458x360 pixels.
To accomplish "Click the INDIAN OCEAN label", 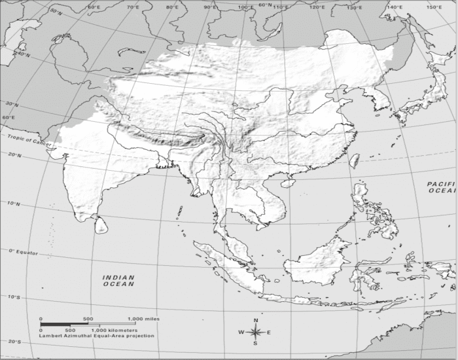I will [118, 281].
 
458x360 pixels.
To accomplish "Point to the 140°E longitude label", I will [395, 6].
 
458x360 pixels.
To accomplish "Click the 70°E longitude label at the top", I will [133, 7].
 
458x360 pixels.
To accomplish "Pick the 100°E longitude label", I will [246, 7].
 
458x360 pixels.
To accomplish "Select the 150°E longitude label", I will [433, 7].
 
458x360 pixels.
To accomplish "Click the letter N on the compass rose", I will [256, 320].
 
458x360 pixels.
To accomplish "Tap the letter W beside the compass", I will [241, 332].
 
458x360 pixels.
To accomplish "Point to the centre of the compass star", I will [256, 332].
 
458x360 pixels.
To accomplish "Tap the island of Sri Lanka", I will [101, 226].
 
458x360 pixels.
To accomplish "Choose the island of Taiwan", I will [355, 160].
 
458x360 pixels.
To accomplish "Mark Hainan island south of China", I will [286, 184].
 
